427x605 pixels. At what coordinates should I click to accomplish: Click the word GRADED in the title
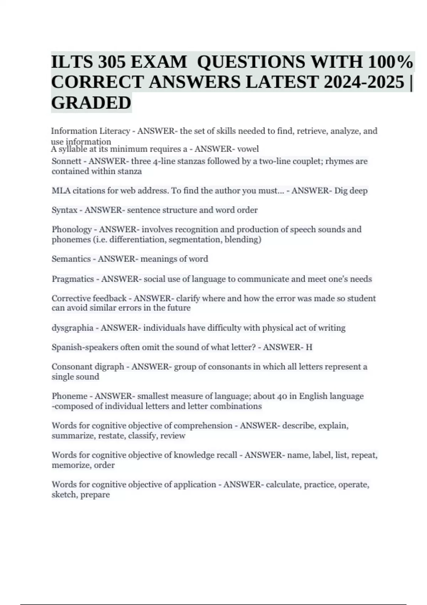[x=91, y=103]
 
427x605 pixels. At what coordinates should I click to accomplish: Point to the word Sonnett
[x=66, y=161]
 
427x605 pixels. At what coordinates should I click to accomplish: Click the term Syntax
[x=64, y=210]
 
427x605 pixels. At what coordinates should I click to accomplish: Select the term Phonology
[x=72, y=230]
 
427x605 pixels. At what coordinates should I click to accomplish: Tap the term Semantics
[x=71, y=259]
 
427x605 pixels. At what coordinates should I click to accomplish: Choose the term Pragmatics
[x=73, y=279]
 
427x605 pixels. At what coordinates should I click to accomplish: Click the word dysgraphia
[x=72, y=328]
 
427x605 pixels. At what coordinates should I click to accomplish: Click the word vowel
[x=248, y=149]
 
